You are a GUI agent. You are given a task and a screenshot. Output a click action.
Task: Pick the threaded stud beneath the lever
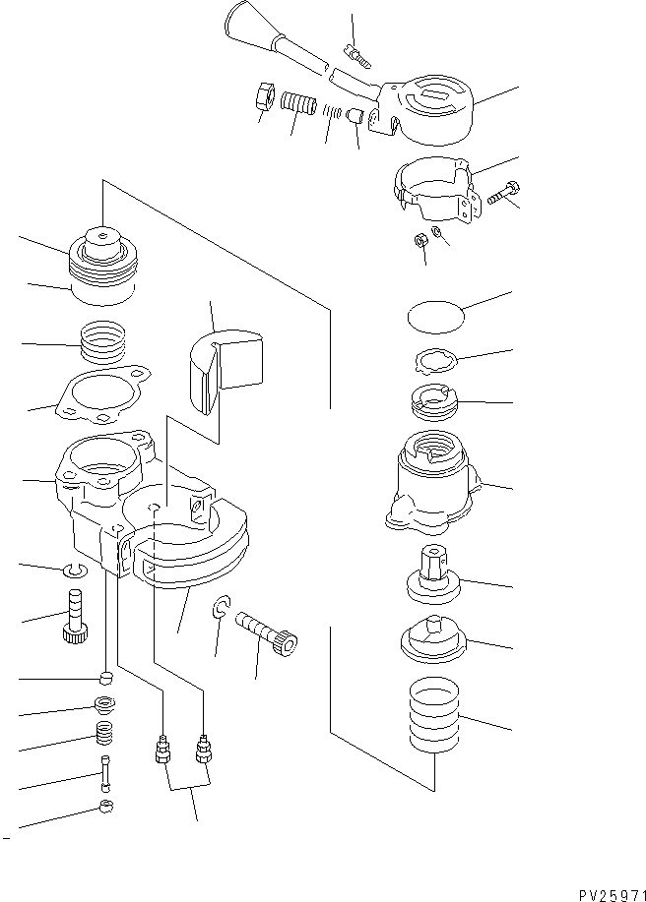coord(295,103)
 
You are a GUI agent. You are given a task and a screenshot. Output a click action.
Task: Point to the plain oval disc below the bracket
coord(434,317)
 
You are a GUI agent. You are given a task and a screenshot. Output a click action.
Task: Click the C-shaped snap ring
coord(224,612)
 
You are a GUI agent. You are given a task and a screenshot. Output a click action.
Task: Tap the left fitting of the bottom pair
coord(162,752)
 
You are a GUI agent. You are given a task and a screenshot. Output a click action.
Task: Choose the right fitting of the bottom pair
coord(204,751)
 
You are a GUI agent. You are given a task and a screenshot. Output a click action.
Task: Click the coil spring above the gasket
coord(103,346)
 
